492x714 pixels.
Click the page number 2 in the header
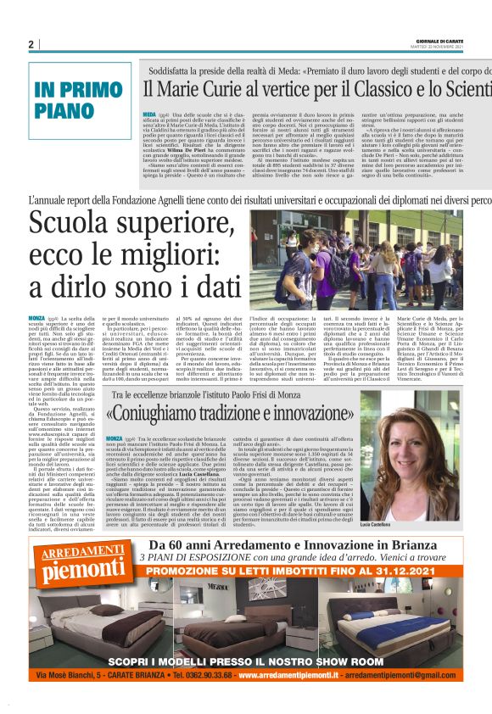[31, 45]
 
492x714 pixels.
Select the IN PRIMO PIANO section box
[80, 100]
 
